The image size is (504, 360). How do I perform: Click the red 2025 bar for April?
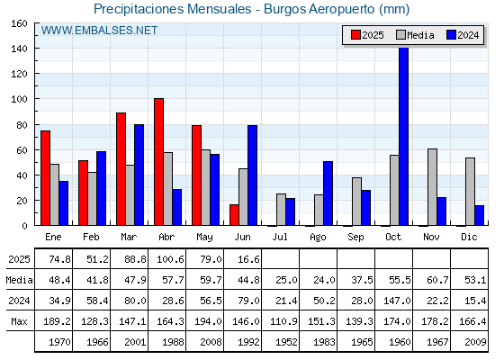(158, 162)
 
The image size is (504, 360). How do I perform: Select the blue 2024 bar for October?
(404, 136)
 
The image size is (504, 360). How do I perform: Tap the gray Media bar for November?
(432, 187)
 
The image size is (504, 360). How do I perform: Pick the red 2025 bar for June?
(234, 215)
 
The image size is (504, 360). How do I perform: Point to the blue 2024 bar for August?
(328, 193)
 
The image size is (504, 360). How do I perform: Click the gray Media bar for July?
(281, 210)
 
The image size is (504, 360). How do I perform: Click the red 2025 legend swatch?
(355, 35)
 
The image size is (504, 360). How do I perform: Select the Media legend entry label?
(420, 35)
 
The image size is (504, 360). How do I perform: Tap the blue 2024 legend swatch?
(451, 35)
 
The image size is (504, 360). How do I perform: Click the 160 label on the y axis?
(19, 23)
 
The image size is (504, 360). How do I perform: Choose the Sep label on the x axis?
(355, 238)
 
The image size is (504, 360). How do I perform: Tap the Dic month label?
(469, 237)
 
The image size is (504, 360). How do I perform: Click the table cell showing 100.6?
(170, 259)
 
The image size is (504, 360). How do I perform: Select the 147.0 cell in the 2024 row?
(397, 301)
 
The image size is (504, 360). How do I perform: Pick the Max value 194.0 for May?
(208, 321)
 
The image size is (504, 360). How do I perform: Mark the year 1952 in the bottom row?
(286, 342)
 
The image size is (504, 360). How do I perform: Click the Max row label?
(19, 321)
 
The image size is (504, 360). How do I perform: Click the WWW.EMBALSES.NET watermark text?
(99, 31)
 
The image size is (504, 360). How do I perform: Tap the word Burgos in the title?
(285, 9)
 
